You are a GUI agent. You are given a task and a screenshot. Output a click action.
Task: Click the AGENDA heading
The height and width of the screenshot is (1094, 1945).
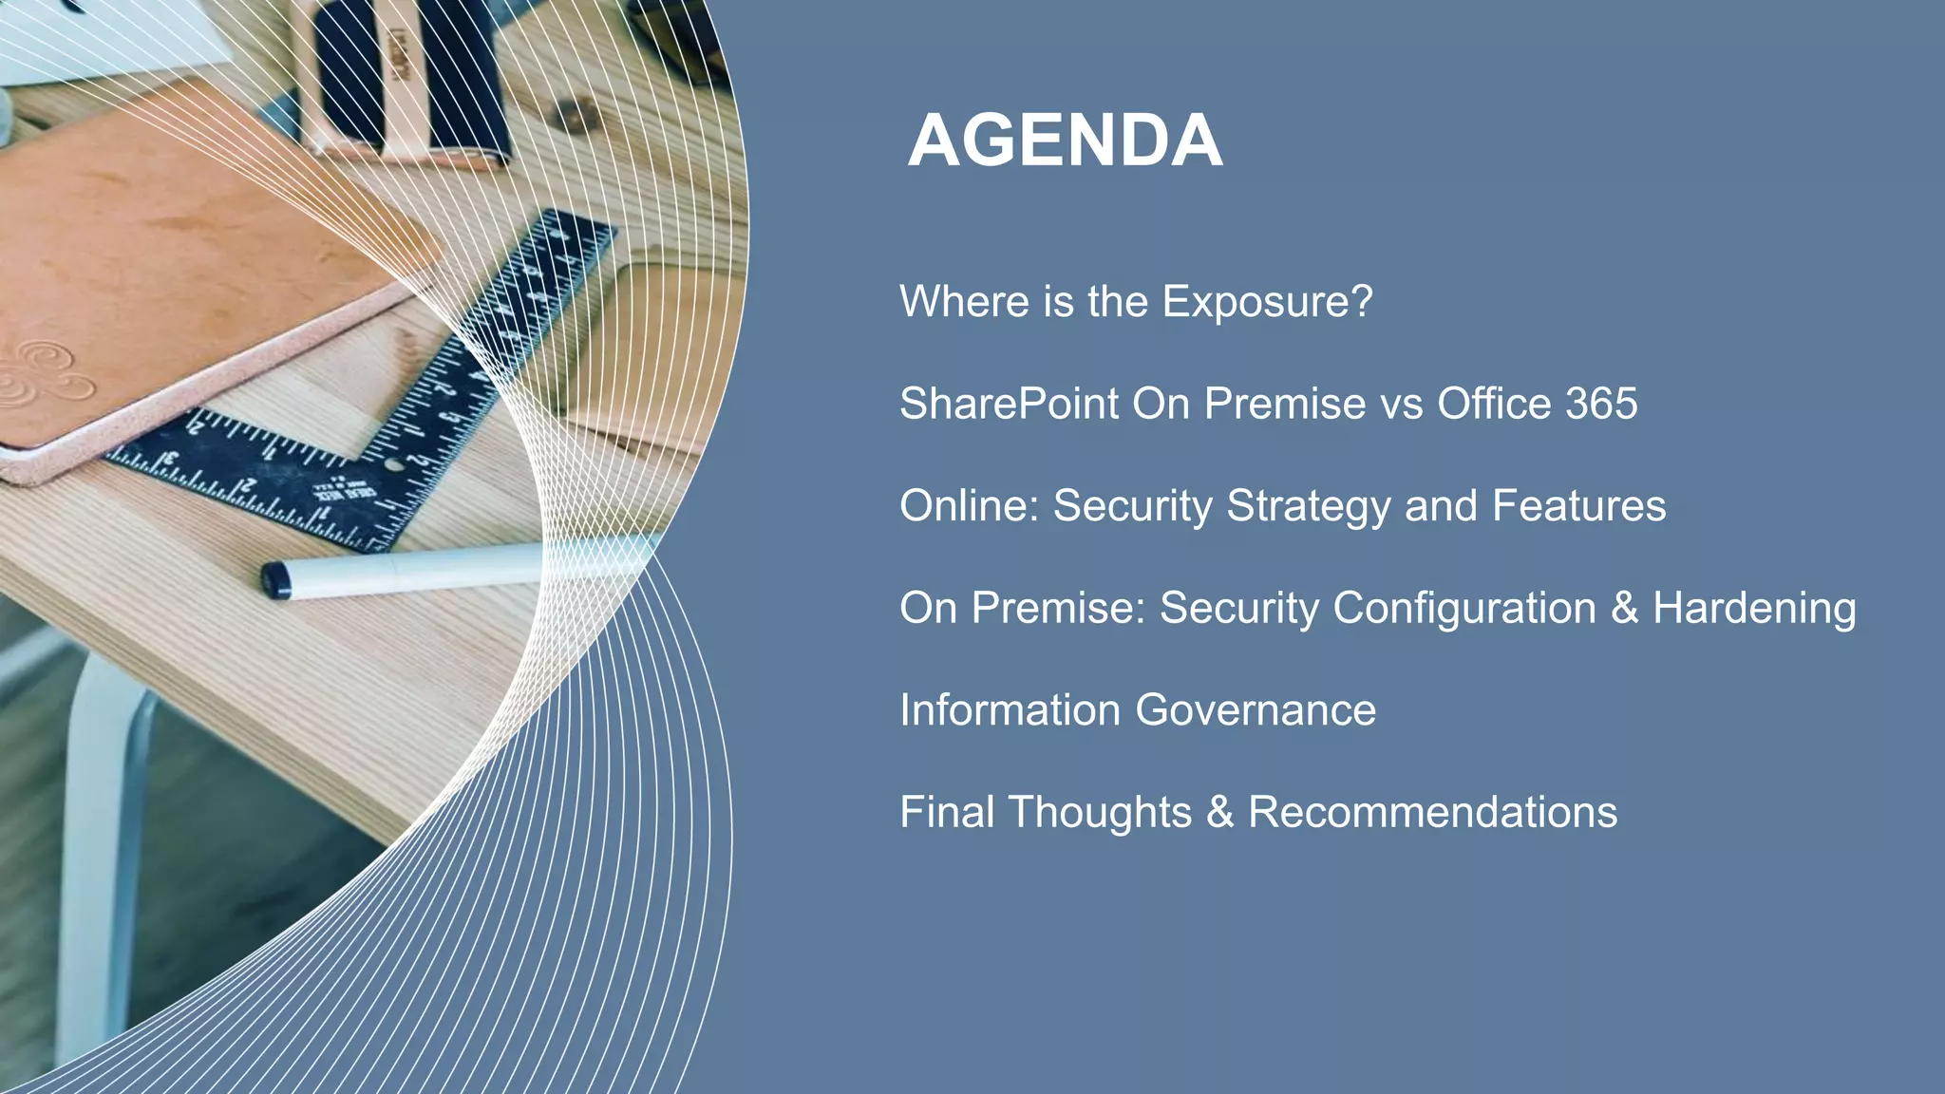point(1065,141)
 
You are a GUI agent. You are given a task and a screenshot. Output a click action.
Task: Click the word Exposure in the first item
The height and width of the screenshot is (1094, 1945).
point(1267,302)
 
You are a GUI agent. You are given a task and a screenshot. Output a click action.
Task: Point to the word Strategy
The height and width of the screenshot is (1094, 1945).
point(1308,506)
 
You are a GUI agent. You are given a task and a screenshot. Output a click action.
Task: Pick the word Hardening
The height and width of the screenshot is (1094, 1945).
point(1753,609)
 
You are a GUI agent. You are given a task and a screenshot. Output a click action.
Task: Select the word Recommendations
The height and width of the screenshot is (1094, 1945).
point(1431,813)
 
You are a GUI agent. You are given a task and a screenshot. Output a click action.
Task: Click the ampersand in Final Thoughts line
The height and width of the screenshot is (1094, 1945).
point(1219,813)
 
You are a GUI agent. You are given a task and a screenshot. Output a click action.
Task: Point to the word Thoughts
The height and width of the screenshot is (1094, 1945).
point(1099,813)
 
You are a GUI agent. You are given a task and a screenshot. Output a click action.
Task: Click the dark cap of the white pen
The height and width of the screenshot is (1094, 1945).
point(275,579)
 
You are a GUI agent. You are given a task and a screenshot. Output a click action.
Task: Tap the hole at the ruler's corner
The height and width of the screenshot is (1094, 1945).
point(394,465)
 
